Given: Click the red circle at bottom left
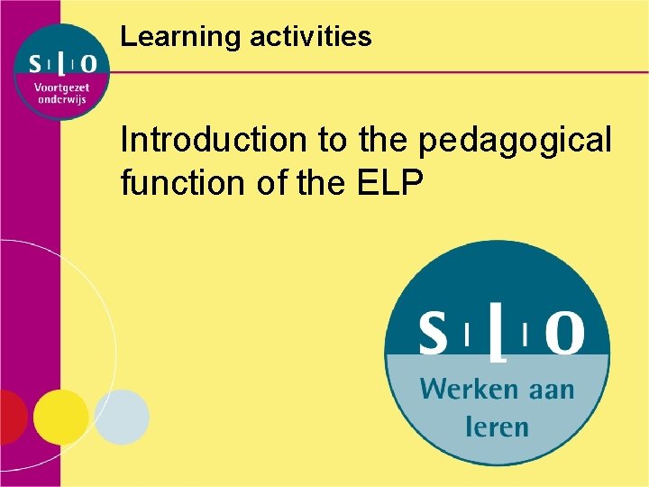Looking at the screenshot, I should pos(9,418).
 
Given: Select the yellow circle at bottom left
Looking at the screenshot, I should pos(61,417).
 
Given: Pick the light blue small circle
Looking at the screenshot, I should pos(122,417).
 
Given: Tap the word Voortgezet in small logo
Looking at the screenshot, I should pos(60,87).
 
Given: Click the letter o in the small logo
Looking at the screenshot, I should pos(88,64).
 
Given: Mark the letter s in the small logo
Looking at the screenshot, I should pos(33,64).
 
